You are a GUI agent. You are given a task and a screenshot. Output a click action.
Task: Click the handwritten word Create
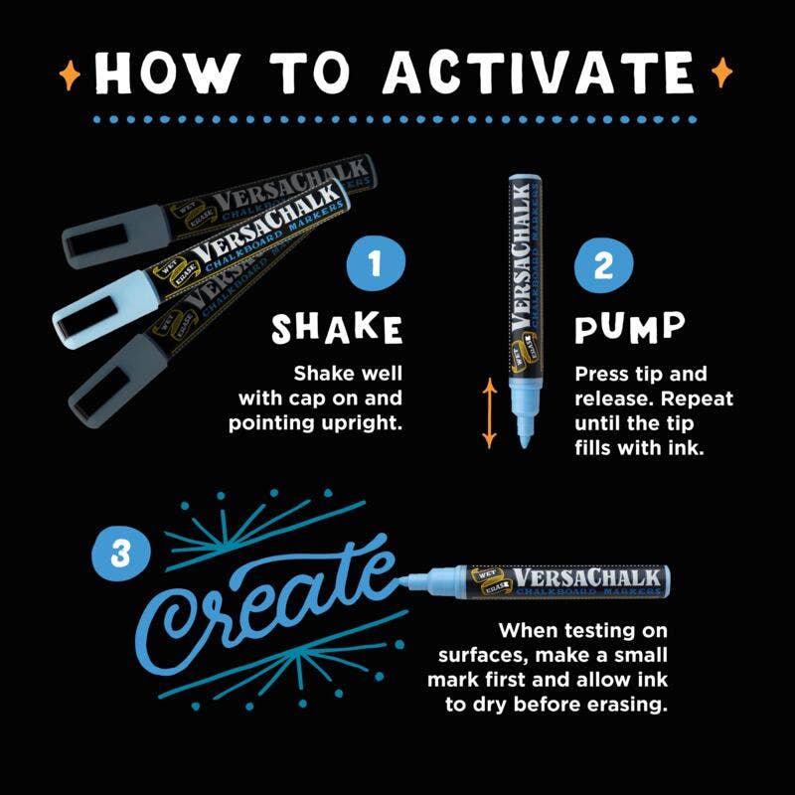(268, 601)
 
